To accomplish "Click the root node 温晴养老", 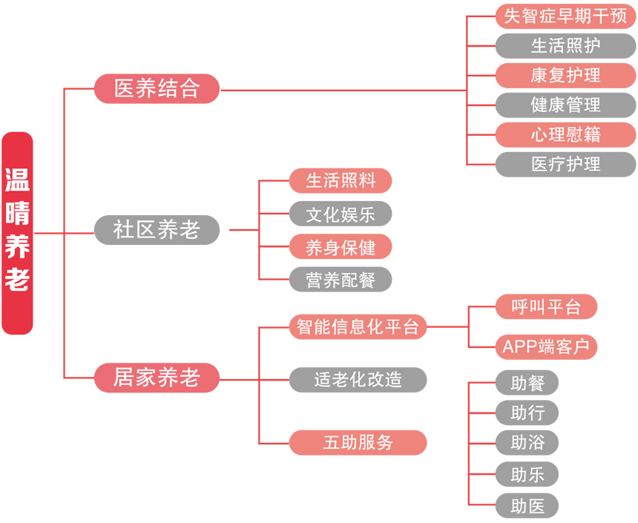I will [17, 232].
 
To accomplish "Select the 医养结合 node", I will [157, 89].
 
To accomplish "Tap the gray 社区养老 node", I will [157, 230].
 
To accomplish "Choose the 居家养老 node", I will [157, 378].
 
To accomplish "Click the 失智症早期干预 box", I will [565, 16].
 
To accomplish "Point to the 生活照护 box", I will [565, 45].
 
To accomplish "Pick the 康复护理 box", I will [565, 75].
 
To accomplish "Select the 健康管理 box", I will [565, 105].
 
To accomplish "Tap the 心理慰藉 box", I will [565, 134].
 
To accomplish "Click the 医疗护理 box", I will [565, 164].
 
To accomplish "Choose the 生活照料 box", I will [340, 180].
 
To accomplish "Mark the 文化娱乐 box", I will [340, 214].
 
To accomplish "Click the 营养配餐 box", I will [340, 280].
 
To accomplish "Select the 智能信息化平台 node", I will [358, 326].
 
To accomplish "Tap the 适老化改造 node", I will [358, 380].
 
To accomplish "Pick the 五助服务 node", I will [358, 443].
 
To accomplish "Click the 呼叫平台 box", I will [546, 306].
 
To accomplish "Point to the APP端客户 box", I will [546, 346].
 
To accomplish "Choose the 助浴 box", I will [527, 443].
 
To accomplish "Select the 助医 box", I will [527, 506].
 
